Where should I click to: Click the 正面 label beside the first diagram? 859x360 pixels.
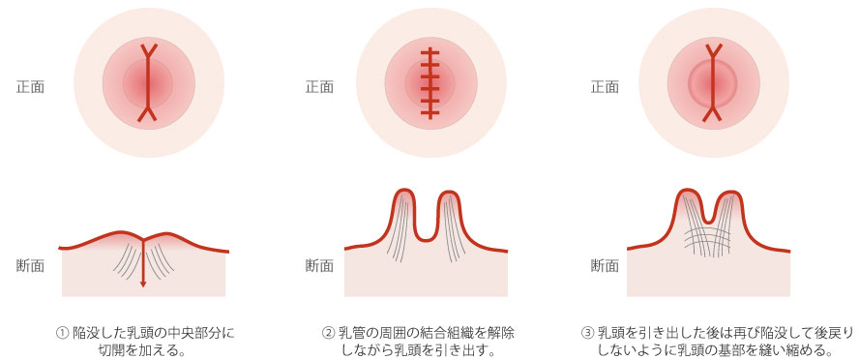tap(30, 86)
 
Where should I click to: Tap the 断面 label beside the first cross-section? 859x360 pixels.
tap(30, 265)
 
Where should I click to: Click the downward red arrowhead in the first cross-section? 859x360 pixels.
tap(143, 283)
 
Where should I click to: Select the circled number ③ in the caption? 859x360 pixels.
tap(587, 333)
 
